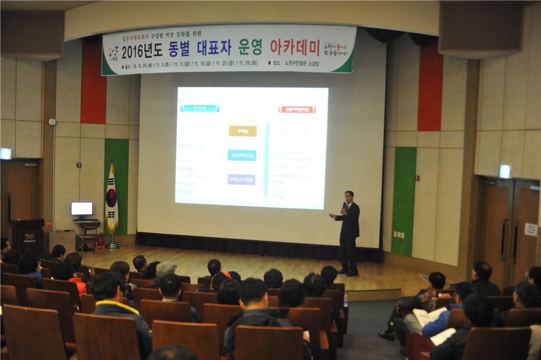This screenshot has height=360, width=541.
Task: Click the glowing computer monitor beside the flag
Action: point(82,209)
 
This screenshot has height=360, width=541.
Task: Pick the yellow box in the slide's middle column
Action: point(242,131)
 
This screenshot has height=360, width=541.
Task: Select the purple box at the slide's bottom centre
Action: point(241,179)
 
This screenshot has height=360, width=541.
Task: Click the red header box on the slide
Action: point(297,109)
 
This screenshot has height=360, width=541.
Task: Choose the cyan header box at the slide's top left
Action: point(200,108)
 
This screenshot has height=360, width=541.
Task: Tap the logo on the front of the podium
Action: point(30,237)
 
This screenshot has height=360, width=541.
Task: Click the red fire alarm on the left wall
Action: point(79,165)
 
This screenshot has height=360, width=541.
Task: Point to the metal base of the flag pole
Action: point(112,245)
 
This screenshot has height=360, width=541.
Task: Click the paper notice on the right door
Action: point(530,229)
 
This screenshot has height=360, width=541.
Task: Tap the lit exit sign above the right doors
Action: point(505,171)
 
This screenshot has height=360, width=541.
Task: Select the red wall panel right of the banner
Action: point(430,87)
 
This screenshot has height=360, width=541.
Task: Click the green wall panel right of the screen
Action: point(404,201)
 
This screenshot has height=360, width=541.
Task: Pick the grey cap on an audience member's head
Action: point(165,269)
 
